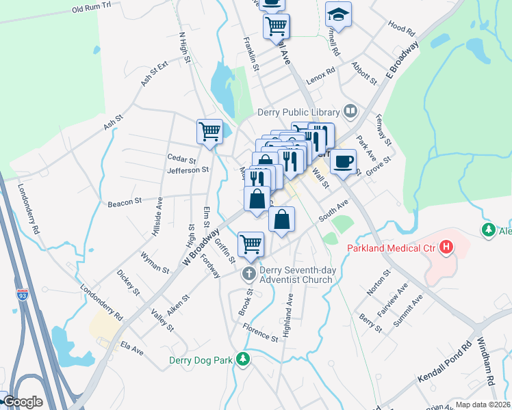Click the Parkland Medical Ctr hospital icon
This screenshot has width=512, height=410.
coord(446,247)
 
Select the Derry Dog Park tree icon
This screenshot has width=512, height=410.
coord(242,358)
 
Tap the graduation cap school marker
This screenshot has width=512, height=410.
coord(337,14)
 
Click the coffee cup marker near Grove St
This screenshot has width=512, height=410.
coord(343,161)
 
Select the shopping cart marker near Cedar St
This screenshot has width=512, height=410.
coord(209,131)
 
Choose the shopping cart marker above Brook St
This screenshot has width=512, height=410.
coord(251,243)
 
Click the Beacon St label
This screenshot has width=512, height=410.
coord(124,202)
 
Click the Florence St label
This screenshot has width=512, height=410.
coord(261,332)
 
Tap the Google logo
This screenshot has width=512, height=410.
coord(23,402)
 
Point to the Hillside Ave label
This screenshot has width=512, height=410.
coord(157,217)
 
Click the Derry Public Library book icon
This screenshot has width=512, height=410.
coord(350,111)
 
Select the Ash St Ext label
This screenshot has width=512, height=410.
coord(154,74)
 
